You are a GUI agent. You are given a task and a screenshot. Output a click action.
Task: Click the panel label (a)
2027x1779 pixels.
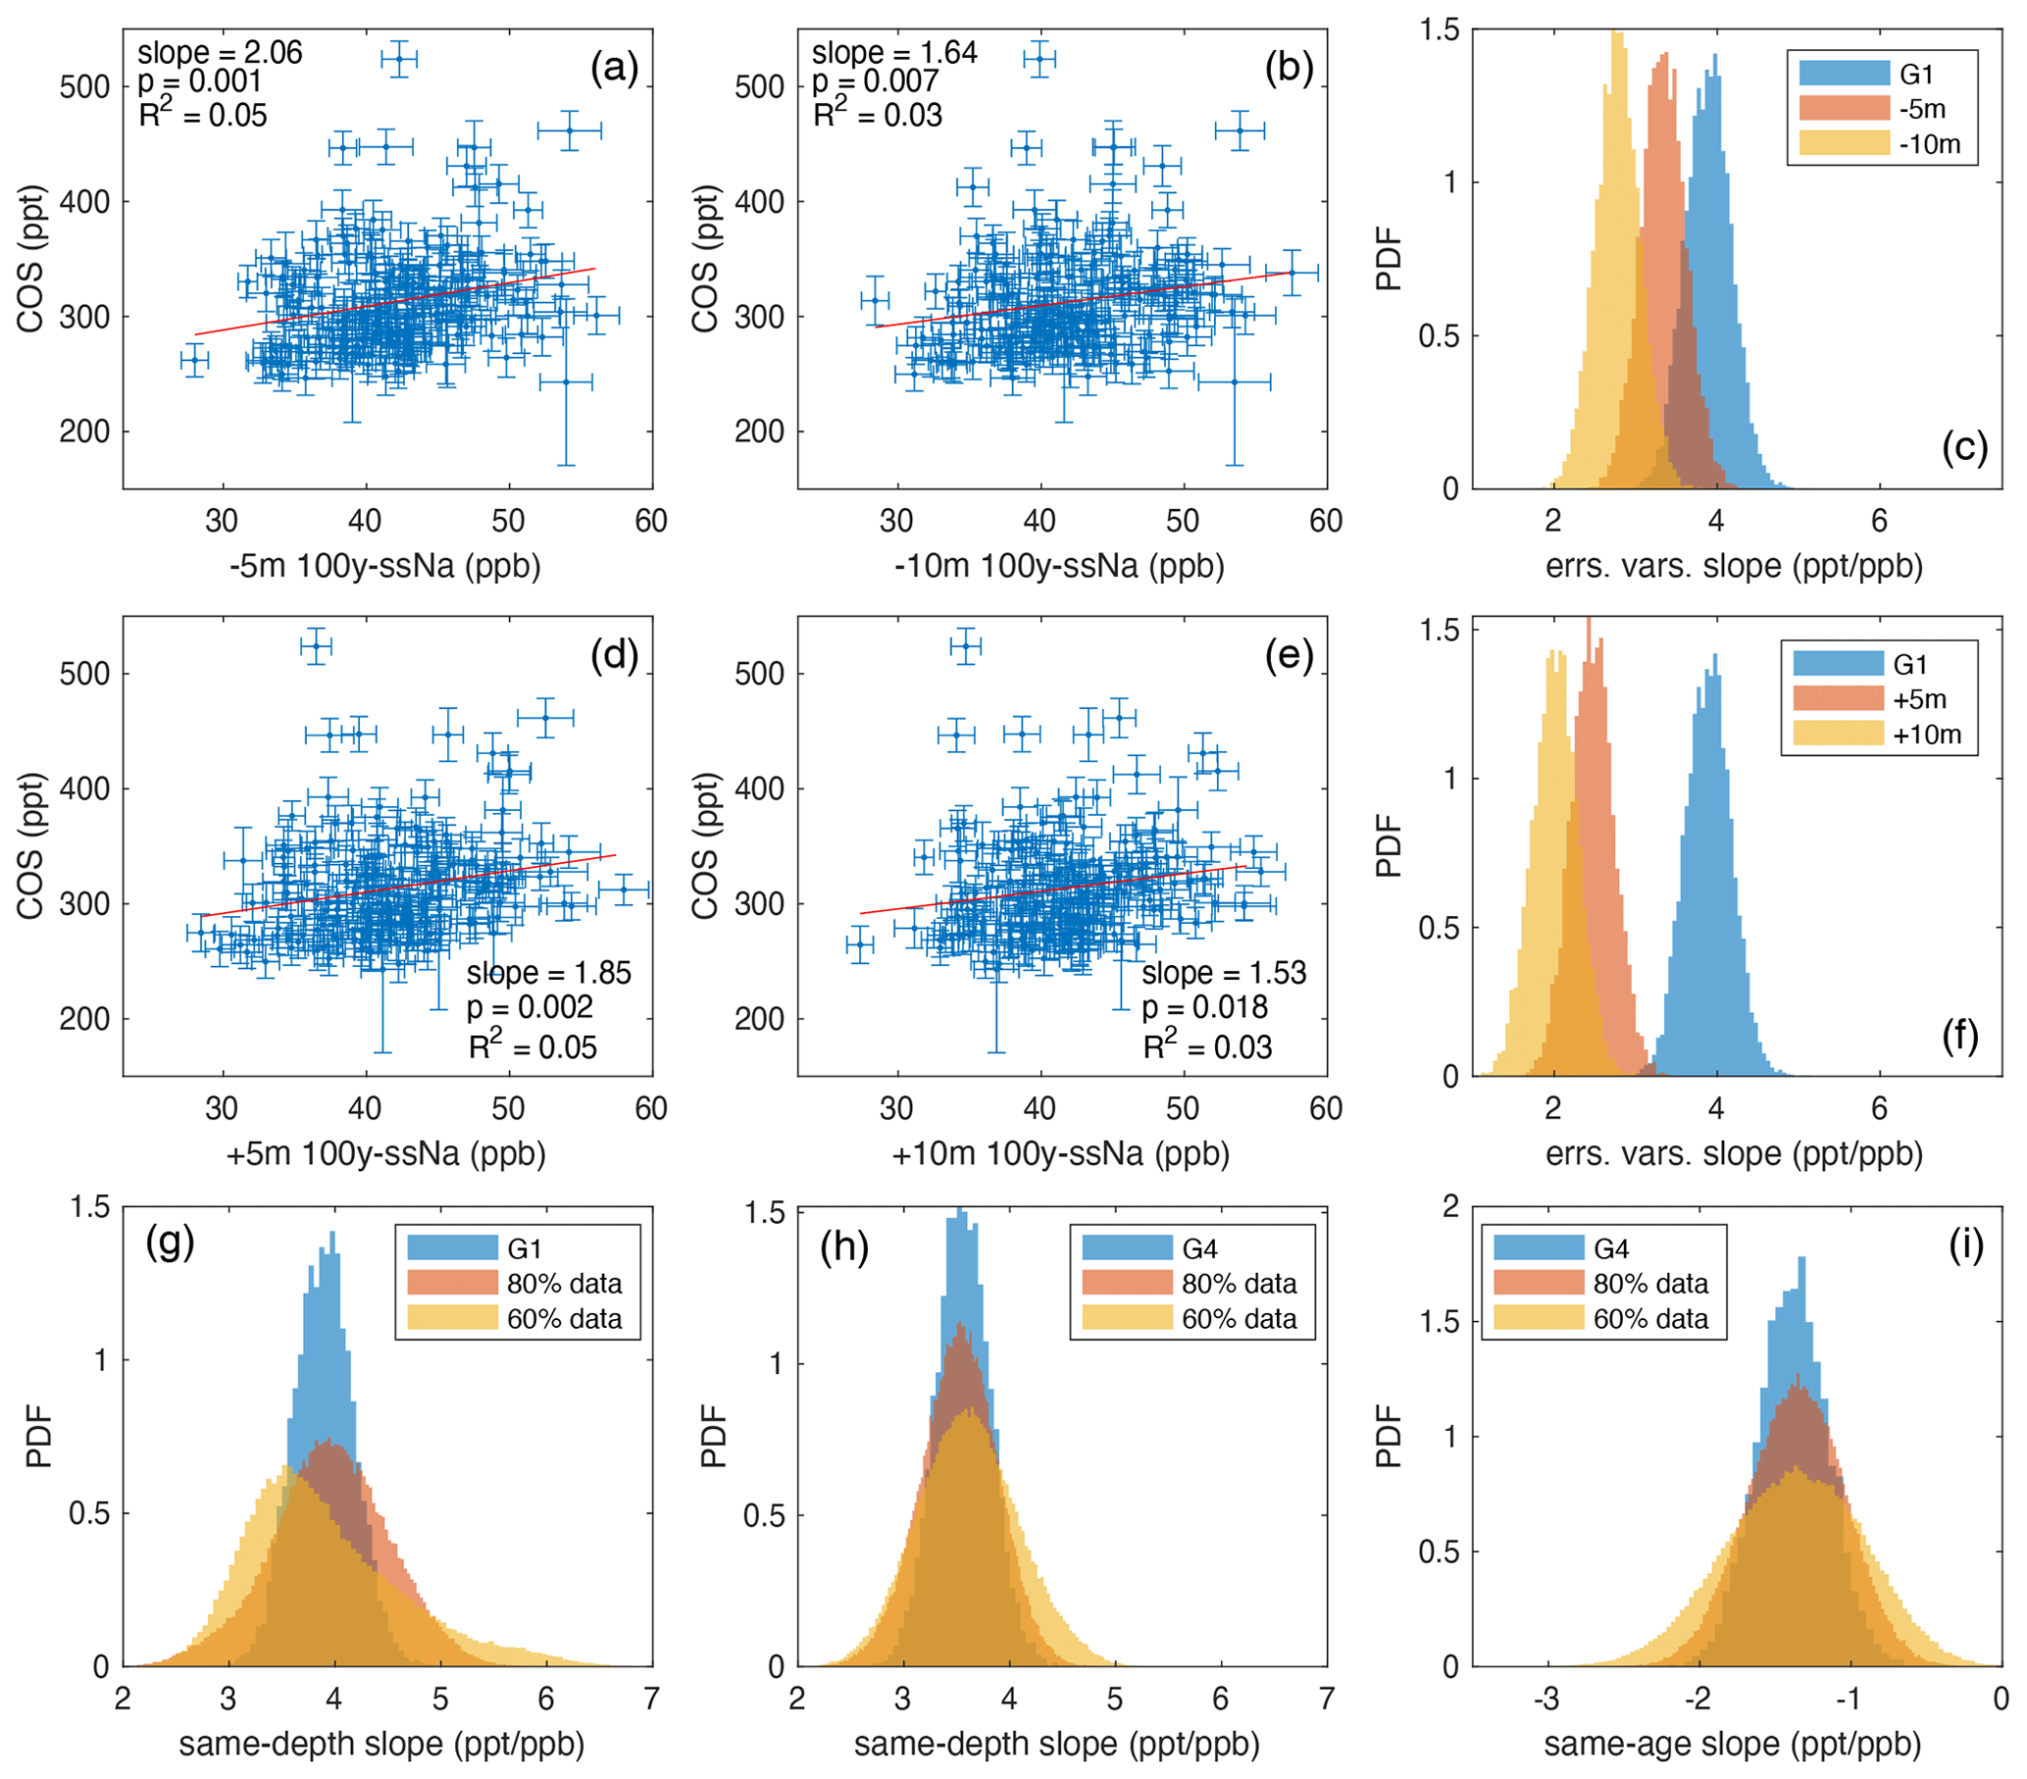click(614, 69)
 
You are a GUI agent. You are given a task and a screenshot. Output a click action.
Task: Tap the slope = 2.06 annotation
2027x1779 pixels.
click(219, 53)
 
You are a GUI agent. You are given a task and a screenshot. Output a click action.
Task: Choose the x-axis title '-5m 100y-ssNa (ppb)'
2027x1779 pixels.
click(385, 566)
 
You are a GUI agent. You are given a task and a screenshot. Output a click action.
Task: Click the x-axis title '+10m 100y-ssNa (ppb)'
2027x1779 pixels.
click(1061, 1153)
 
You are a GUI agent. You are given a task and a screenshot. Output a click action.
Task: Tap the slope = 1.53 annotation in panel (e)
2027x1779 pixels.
click(1224, 973)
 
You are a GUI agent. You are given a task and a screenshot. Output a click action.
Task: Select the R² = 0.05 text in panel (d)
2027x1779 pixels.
click(532, 1047)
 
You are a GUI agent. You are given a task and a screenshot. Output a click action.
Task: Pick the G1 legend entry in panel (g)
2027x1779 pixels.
click(524, 1248)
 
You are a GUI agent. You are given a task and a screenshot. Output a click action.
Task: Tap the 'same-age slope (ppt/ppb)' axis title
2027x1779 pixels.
click(1733, 1744)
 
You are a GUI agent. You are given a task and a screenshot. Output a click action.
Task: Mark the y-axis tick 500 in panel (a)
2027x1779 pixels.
click(84, 87)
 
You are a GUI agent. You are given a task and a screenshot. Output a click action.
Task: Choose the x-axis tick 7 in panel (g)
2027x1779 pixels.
click(651, 1700)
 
